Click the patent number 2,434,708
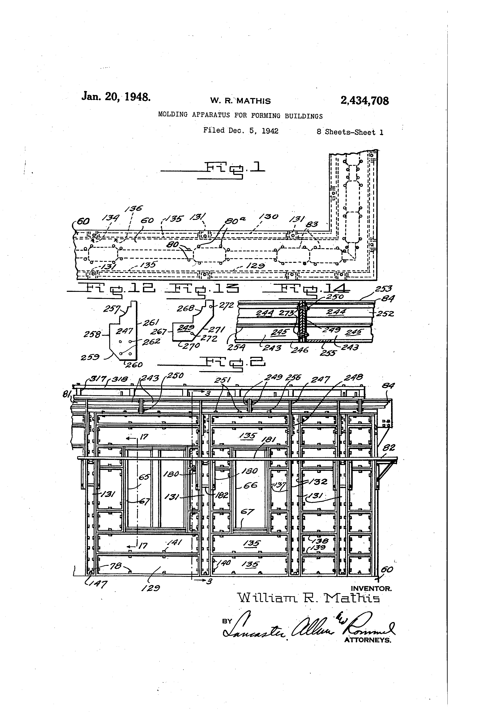coord(364,101)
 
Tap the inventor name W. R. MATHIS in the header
coord(240,101)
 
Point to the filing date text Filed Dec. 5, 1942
coord(241,130)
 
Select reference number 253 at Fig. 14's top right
coord(384,289)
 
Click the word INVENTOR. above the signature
coord(371,589)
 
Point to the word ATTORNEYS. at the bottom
coord(368,640)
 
